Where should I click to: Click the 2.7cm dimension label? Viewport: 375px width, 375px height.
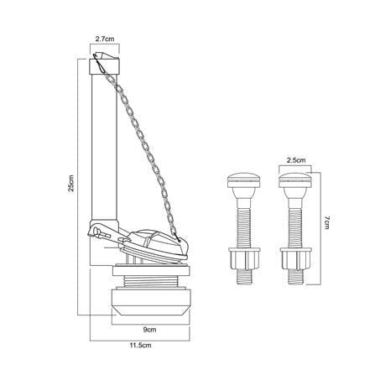[x=105, y=39]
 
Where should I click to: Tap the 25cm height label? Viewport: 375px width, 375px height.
[x=71, y=183]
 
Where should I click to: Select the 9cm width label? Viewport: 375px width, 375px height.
[x=149, y=330]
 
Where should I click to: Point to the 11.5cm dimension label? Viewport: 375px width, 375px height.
[x=140, y=346]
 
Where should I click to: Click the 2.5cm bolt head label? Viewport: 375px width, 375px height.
[x=296, y=160]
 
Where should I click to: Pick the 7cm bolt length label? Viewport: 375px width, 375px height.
[x=327, y=222]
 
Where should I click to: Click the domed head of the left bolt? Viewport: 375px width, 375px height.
[x=244, y=180]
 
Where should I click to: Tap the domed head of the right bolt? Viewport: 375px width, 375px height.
[x=295, y=180]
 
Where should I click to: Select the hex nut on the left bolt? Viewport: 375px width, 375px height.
[x=244, y=258]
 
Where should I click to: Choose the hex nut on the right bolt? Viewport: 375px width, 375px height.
[x=295, y=258]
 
